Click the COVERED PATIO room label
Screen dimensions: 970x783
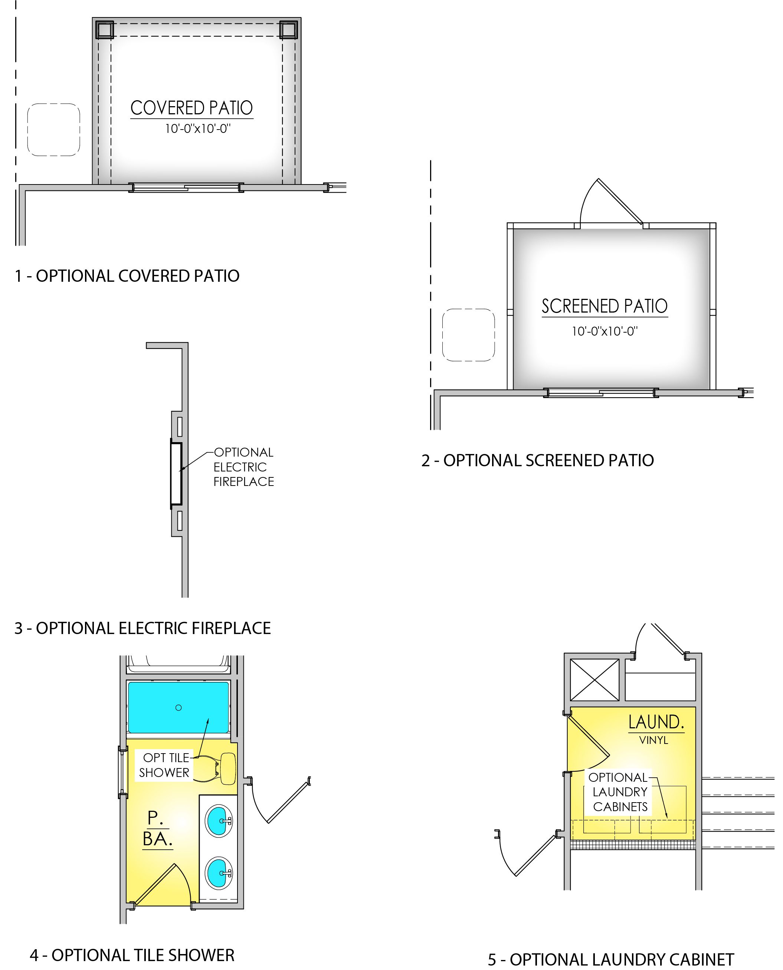point(192,108)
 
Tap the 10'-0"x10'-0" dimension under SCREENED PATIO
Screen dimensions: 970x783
point(605,332)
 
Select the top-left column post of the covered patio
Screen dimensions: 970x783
point(104,30)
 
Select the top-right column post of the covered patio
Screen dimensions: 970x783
point(288,30)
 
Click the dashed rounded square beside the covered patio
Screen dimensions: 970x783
point(54,130)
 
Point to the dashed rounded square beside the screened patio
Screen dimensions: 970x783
point(468,335)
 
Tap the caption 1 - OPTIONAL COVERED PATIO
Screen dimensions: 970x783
point(127,276)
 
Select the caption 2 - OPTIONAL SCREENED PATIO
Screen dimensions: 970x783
point(538,461)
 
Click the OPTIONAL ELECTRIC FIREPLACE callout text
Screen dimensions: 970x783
point(243,467)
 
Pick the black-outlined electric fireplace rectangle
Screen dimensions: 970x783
point(176,474)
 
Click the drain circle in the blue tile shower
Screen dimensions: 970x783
point(178,708)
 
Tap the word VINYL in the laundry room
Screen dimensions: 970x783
point(653,740)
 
